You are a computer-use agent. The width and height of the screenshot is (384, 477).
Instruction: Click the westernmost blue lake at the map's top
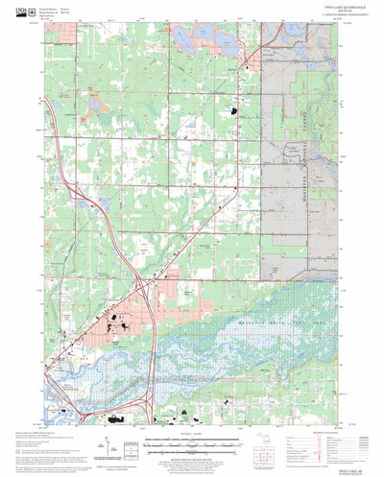pyautogui.click(x=181, y=36)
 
